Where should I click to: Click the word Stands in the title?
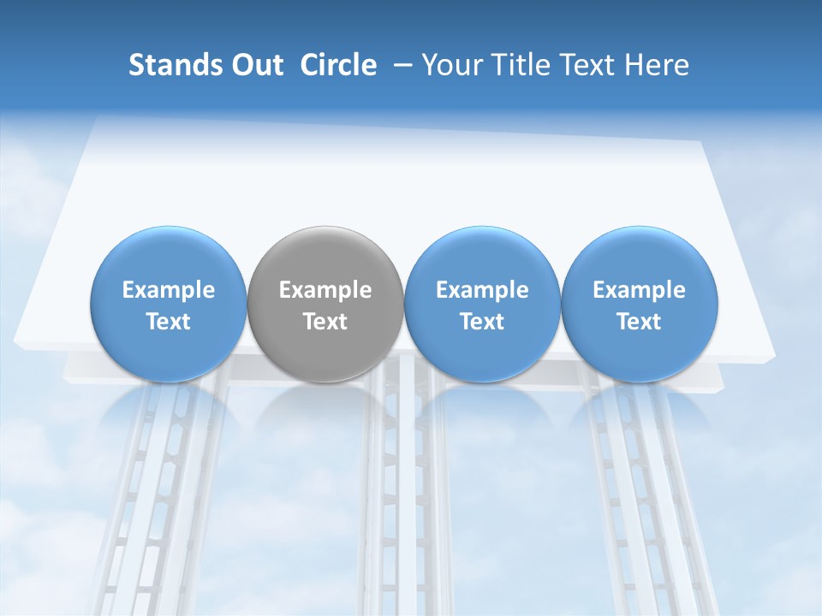(x=170, y=65)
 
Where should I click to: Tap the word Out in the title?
(x=254, y=65)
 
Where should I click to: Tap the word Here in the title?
(x=658, y=65)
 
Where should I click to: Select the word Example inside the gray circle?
(x=325, y=290)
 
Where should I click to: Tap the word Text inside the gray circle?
(x=325, y=322)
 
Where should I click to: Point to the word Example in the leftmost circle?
(x=168, y=290)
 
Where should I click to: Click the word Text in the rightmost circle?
(x=640, y=322)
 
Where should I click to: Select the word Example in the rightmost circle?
(x=640, y=290)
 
